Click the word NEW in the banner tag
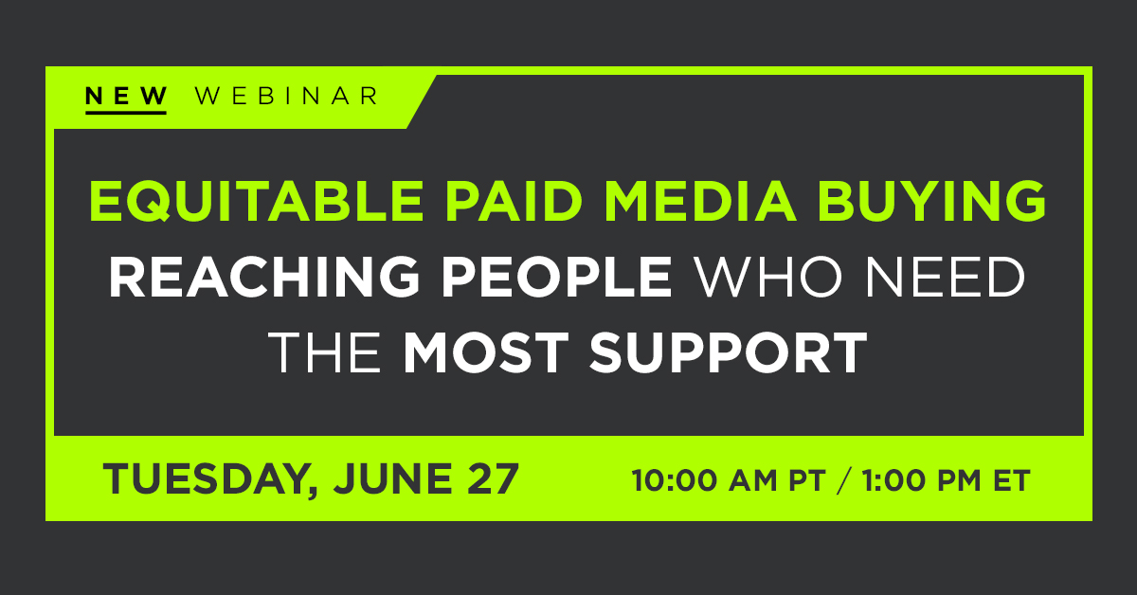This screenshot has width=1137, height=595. point(125,96)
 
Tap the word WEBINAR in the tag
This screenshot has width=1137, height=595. point(285,96)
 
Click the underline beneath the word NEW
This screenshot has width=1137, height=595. point(125,112)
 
